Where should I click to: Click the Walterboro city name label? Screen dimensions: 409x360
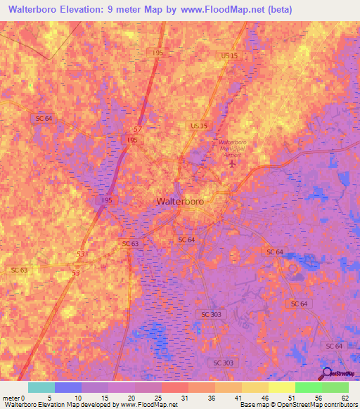pos(180,202)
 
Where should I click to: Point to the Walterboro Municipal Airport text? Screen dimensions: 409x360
pos(232,148)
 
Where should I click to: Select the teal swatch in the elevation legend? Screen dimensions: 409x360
pos(41,387)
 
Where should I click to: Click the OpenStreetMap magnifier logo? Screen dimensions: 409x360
pos(327,373)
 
